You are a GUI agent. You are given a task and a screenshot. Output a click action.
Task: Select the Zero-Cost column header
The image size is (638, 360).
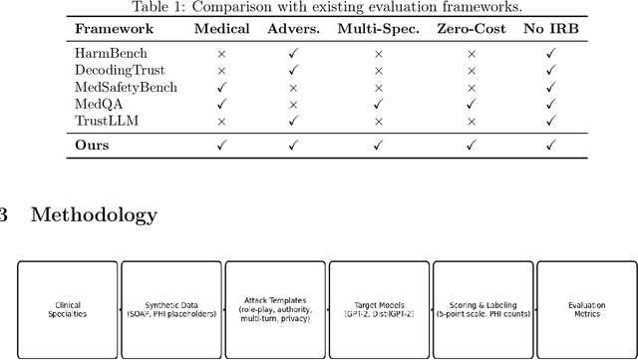click(x=469, y=29)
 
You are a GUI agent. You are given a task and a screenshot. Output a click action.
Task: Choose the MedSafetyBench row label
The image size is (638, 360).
click(x=125, y=87)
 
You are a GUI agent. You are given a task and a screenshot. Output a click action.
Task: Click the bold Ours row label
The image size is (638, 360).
click(x=93, y=145)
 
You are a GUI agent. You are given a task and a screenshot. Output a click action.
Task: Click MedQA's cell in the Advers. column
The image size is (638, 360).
click(x=293, y=105)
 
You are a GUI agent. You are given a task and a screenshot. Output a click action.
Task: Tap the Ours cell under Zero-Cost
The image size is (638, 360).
click(x=469, y=146)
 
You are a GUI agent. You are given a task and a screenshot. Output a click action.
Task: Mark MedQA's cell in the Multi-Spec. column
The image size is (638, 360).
click(x=378, y=105)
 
